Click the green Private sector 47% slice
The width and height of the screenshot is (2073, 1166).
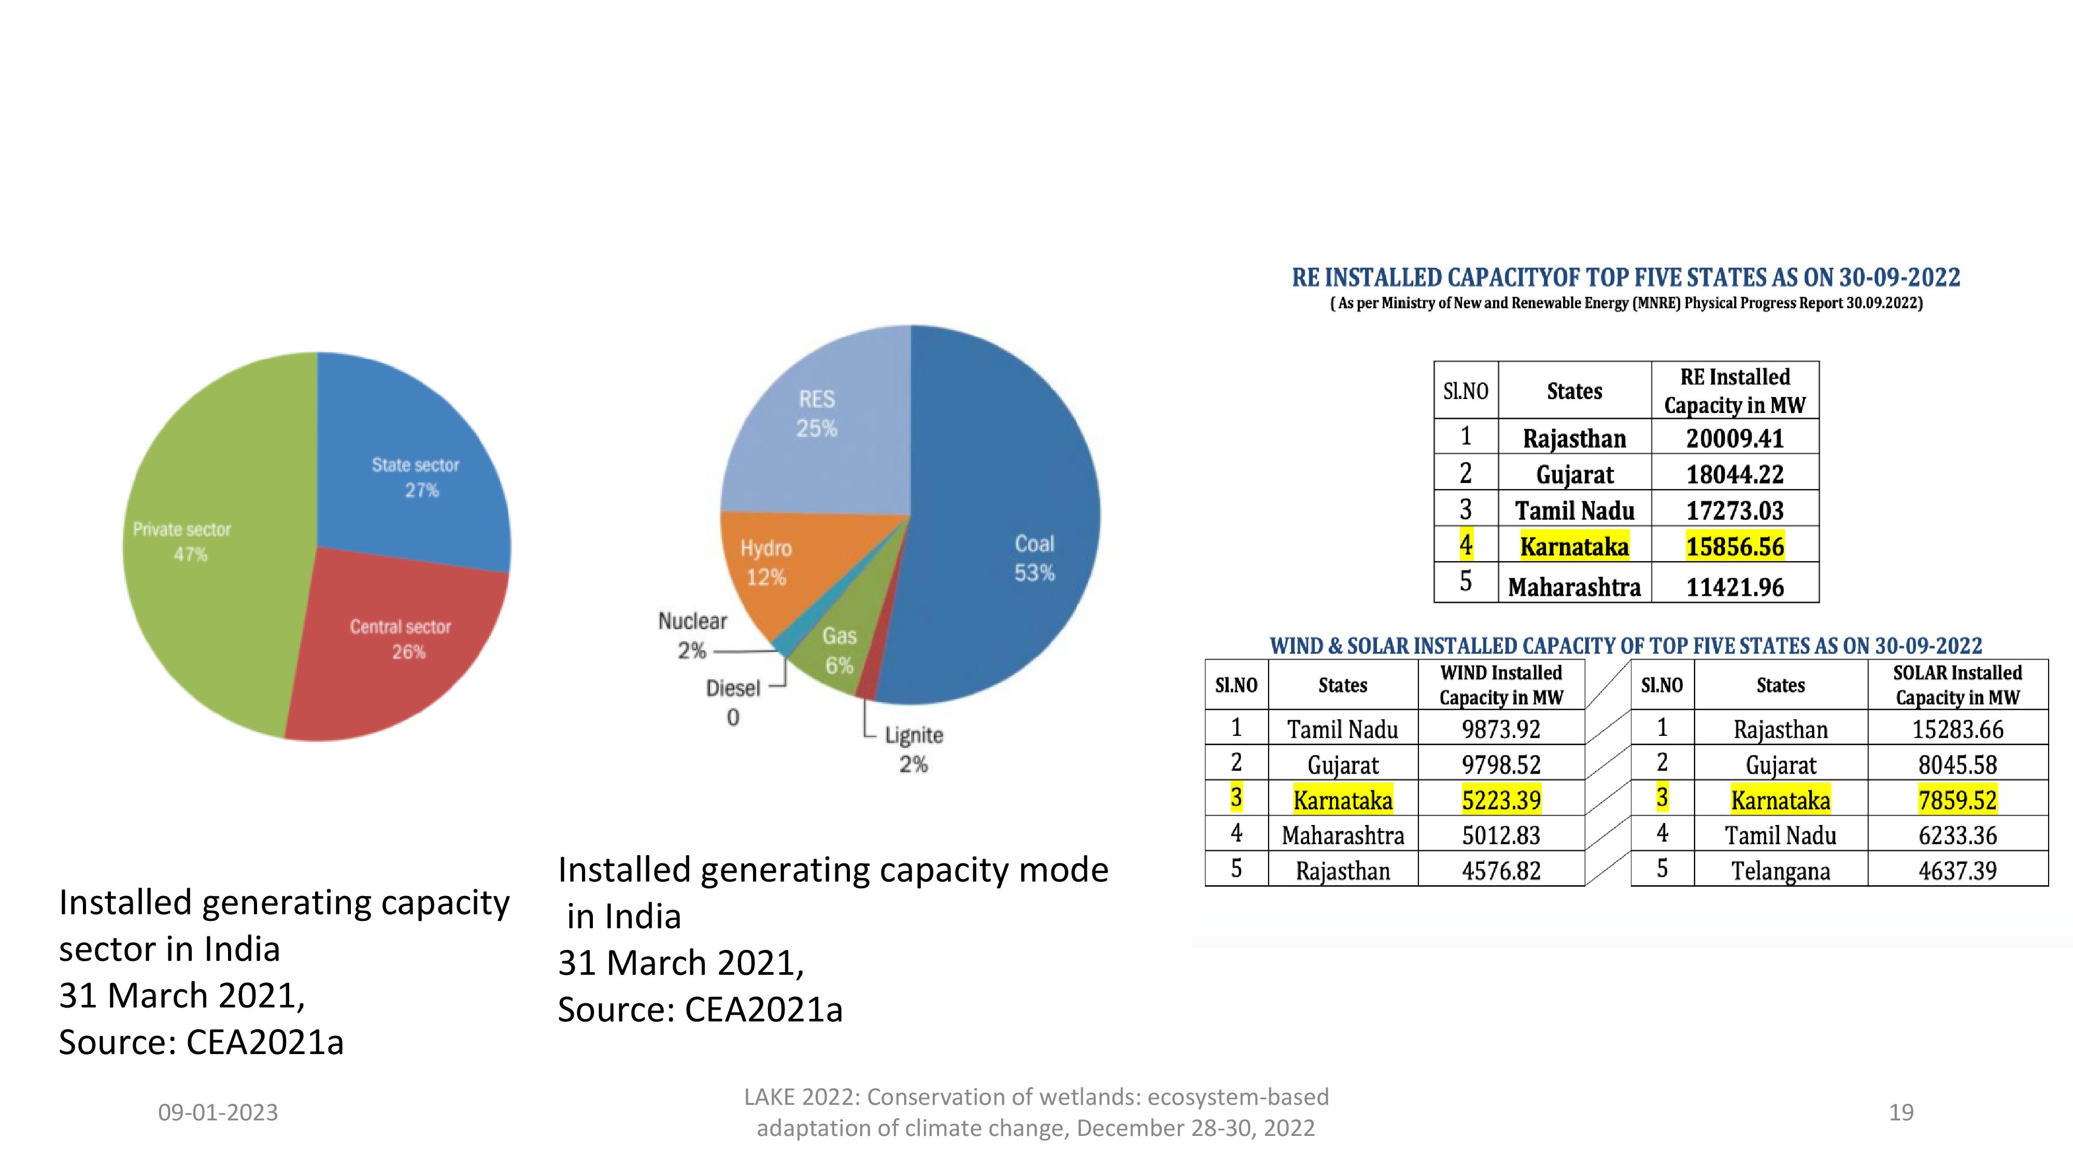click(x=201, y=563)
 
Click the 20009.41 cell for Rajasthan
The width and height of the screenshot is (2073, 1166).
click(x=1735, y=438)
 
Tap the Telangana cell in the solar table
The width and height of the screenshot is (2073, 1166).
click(x=1780, y=871)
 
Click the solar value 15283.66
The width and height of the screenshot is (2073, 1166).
click(x=1957, y=730)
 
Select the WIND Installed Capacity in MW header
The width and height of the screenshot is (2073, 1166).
click(x=1501, y=685)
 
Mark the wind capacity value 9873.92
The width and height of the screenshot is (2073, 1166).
click(x=1501, y=730)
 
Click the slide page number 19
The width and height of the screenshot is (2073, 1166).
click(x=1901, y=1112)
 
